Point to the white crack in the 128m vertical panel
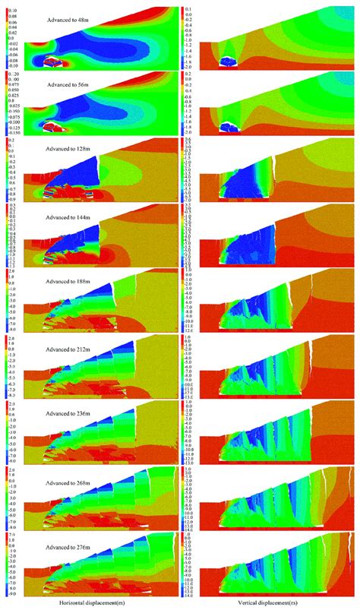pyautogui.click(x=274, y=165)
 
